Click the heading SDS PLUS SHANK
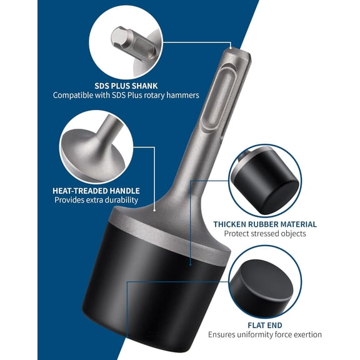coord(126,85)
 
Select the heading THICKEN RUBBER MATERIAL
coord(264,224)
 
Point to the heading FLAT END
coord(264,325)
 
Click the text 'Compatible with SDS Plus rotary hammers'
coord(126,96)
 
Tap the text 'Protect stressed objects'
coord(264,234)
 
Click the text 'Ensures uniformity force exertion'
coord(264,335)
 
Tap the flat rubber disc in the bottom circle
coord(265,284)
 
